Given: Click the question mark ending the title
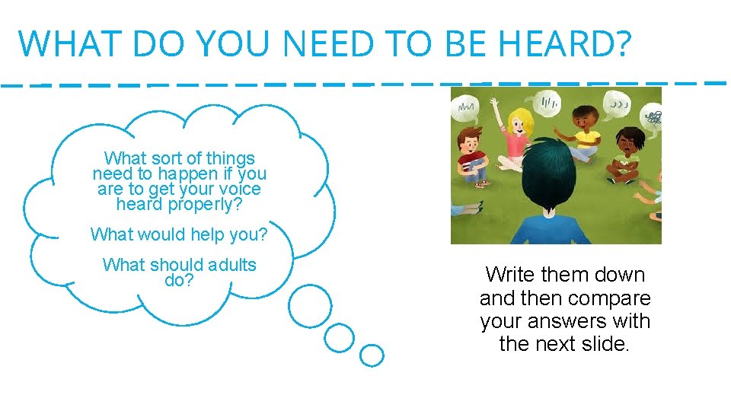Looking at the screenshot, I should [x=621, y=43].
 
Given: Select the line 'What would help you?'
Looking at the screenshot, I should [x=179, y=234].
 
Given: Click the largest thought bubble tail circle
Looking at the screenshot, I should [x=310, y=305].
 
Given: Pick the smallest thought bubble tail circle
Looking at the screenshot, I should [x=372, y=355].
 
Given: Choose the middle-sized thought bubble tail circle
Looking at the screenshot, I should [x=340, y=336].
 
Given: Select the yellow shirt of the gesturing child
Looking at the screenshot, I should [x=586, y=139].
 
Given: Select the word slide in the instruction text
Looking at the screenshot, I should [x=602, y=344].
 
